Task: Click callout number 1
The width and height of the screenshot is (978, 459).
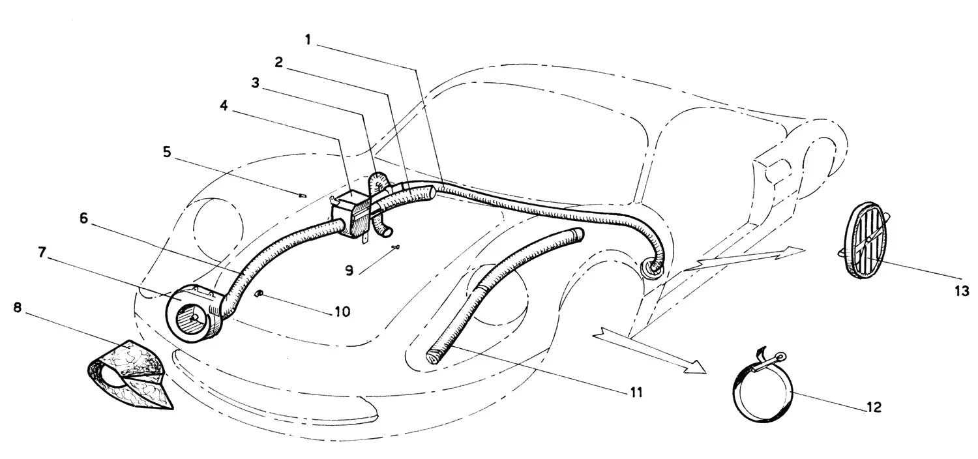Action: click(308, 40)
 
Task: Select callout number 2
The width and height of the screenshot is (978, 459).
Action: click(278, 63)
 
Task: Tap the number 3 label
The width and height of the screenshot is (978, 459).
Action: click(256, 83)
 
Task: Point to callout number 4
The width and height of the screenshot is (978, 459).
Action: click(224, 105)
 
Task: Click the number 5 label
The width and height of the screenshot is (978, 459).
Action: click(167, 153)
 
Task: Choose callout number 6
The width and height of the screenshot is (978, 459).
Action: click(84, 218)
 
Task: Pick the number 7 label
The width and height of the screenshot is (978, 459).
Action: click(42, 252)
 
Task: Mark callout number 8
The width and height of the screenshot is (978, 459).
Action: click(17, 308)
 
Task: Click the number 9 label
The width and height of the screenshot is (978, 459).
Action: click(349, 271)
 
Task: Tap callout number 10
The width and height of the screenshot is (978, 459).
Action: click(343, 312)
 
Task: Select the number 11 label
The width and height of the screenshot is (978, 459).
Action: click(636, 392)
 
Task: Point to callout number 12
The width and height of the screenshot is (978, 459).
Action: click(874, 407)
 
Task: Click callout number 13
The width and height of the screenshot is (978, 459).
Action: click(962, 291)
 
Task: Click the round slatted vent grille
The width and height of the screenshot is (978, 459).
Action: click(867, 240)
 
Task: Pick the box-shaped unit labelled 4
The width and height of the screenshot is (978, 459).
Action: click(351, 215)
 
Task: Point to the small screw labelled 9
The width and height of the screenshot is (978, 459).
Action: click(396, 247)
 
